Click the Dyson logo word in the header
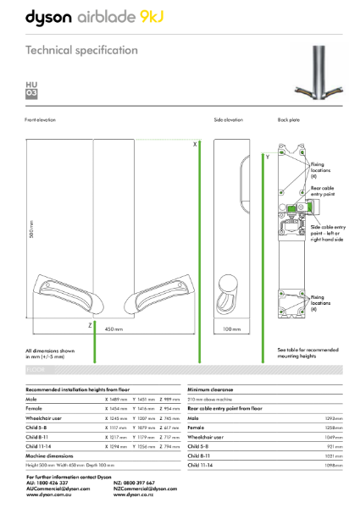click(x=52, y=17)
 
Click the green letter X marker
click(x=195, y=145)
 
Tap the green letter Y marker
click(x=268, y=157)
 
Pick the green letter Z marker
click(x=90, y=324)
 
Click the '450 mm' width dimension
click(x=114, y=329)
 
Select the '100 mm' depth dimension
click(x=232, y=329)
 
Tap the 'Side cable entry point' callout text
click(x=327, y=230)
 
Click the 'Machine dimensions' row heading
click(x=49, y=456)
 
